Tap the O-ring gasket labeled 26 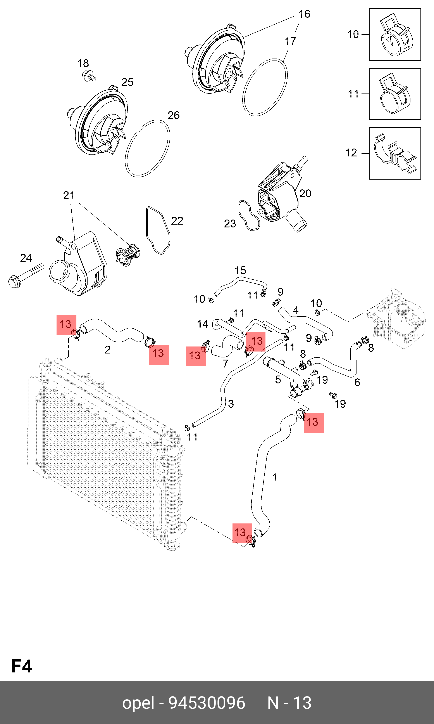click(x=147, y=148)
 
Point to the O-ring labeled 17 click(x=265, y=87)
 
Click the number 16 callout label click(x=304, y=14)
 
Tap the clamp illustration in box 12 click(x=395, y=153)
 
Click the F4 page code click(x=21, y=666)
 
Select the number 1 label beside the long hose click(x=274, y=478)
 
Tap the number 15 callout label click(x=240, y=270)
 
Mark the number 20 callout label click(x=305, y=193)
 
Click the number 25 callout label click(x=127, y=82)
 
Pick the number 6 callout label click(x=357, y=382)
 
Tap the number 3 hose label click(x=231, y=404)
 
